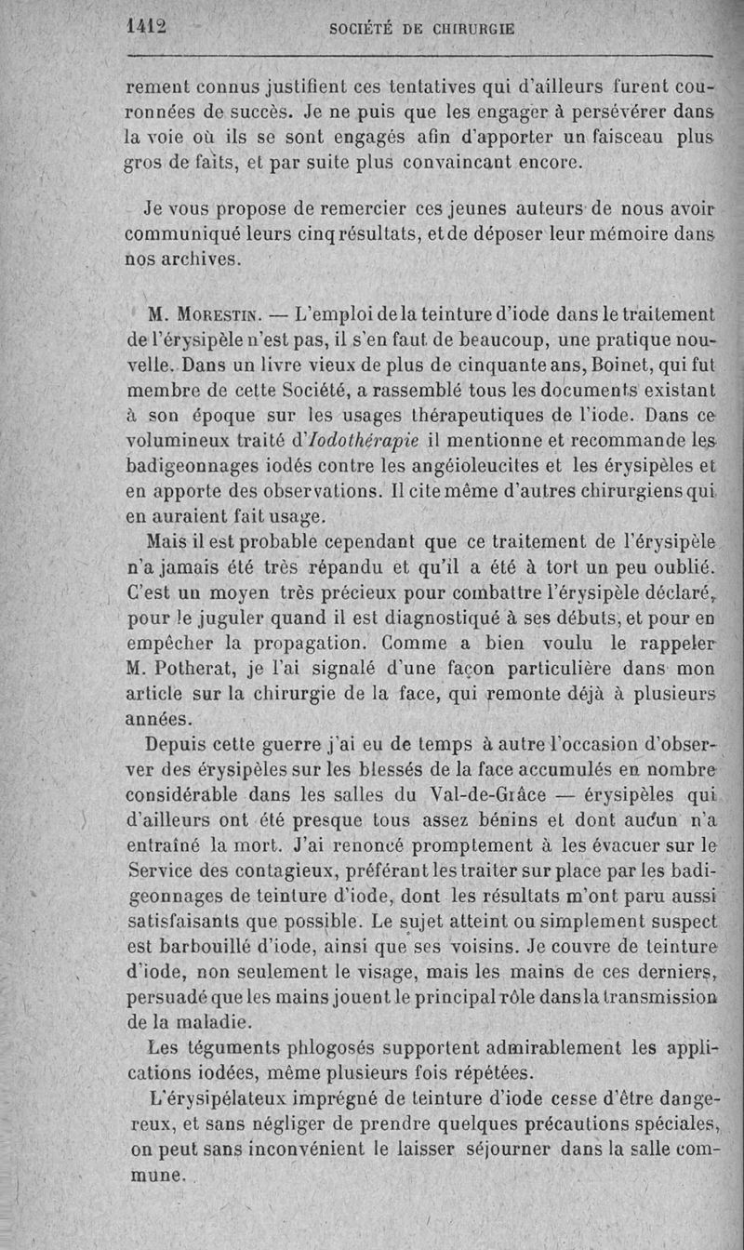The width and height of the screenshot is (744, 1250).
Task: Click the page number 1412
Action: click(145, 27)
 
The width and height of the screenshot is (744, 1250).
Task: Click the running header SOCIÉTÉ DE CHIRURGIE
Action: click(422, 29)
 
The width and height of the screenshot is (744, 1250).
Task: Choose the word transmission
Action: click(656, 996)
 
